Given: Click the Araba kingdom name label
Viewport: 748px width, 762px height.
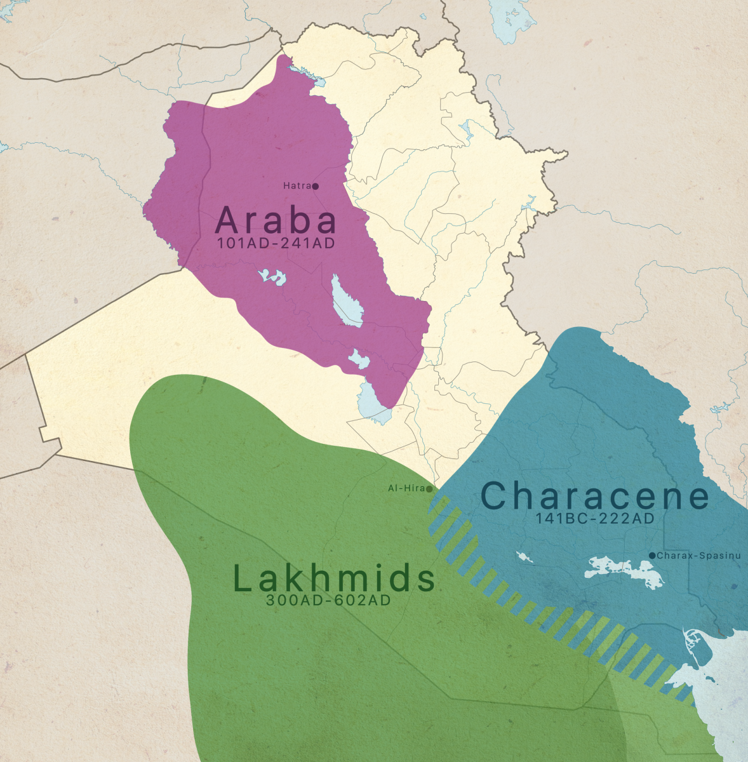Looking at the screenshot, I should point(276,220).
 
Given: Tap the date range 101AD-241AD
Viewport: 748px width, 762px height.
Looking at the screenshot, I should point(276,243).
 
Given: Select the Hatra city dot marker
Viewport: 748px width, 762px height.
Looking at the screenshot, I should point(316,186).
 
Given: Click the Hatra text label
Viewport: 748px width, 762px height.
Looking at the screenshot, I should point(297,186).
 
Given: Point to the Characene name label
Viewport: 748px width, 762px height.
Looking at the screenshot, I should point(594,496).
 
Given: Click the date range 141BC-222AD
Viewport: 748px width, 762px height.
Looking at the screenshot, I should point(594,518).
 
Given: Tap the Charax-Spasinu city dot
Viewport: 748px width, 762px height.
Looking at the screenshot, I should point(652,556).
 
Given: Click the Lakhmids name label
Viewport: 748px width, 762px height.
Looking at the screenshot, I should point(334,578).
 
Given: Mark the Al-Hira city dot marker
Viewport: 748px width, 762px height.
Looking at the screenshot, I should point(430,489).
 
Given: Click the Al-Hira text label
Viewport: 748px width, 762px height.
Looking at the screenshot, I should point(406,489).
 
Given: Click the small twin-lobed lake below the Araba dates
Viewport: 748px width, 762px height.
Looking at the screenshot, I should point(271,277).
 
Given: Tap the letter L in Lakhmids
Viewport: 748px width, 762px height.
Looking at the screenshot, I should point(243,578).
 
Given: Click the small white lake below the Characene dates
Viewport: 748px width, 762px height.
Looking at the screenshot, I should point(524,558).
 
